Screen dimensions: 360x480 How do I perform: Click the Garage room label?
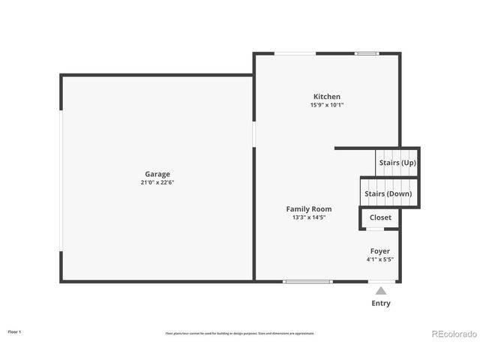click(x=157, y=173)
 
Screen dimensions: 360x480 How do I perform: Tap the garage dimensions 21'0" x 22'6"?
click(x=157, y=182)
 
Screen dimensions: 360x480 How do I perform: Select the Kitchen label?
click(x=326, y=96)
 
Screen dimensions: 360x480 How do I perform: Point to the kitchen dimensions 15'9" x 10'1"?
click(x=326, y=105)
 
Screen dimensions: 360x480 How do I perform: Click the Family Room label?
click(x=308, y=208)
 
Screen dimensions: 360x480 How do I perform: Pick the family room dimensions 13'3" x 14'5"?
click(x=308, y=217)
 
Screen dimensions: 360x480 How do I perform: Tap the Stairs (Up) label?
click(x=397, y=162)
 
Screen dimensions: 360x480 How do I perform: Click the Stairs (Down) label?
click(x=388, y=193)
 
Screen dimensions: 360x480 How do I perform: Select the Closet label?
click(x=380, y=217)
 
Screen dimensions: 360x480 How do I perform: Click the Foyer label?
click(x=379, y=250)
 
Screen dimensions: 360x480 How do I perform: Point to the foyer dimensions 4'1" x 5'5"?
click(x=379, y=259)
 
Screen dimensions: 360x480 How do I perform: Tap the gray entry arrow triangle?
click(x=381, y=290)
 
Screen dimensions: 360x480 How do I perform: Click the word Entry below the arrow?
click(x=381, y=303)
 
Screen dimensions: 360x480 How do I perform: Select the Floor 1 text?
click(x=14, y=331)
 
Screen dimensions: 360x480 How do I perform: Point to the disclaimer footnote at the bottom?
click(x=239, y=333)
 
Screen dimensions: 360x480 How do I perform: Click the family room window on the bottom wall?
click(x=307, y=281)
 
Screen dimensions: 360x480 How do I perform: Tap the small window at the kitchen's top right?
click(x=366, y=53)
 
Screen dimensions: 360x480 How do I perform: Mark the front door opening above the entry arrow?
click(x=381, y=281)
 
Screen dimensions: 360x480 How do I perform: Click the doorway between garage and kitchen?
click(x=254, y=134)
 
